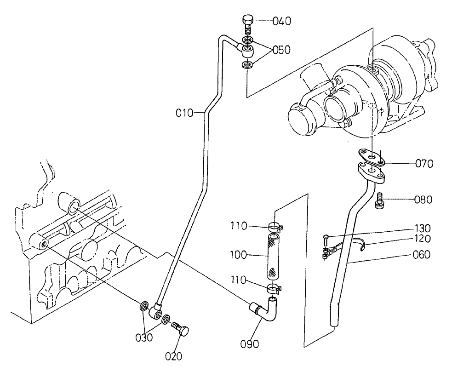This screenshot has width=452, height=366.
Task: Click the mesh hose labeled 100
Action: [272, 256]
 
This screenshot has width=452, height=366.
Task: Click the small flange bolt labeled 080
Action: [380, 200]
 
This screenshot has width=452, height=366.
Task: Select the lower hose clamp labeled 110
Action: [275, 289]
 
